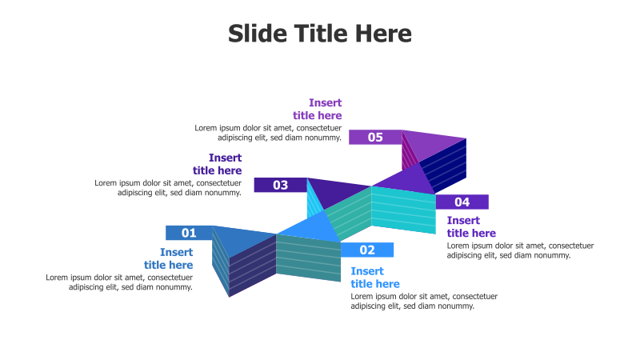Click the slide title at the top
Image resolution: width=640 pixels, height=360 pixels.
320,34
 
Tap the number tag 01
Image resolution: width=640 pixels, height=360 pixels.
189,233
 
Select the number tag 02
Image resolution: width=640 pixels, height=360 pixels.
367,250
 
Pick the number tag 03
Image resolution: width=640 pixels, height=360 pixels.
280,185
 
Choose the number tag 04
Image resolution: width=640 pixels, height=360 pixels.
462,202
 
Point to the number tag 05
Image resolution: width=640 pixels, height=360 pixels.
375,137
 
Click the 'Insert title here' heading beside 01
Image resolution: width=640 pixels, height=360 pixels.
168,258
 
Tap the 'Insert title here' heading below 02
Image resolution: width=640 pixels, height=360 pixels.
375,278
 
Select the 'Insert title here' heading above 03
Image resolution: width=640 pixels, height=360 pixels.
217,164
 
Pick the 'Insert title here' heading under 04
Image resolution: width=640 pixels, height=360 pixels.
471,226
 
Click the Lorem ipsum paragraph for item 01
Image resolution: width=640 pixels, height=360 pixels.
119,282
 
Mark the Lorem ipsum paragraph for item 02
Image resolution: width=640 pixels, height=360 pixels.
424,301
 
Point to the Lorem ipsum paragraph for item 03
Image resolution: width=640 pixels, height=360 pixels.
168,187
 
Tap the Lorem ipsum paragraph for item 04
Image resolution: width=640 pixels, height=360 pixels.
520,250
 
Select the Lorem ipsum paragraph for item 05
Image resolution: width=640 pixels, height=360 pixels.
268,132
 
